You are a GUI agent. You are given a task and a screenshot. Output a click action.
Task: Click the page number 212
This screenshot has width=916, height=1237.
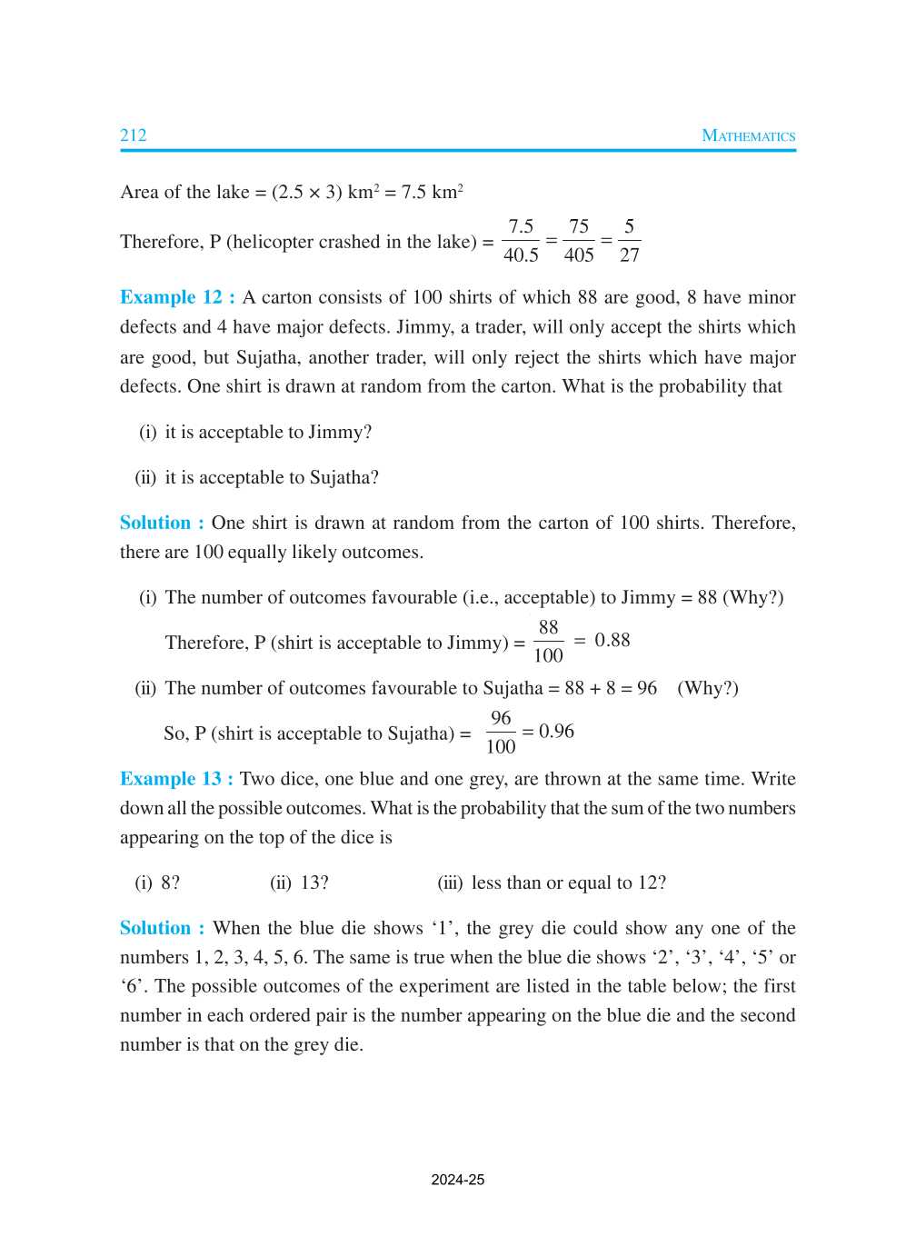(134, 135)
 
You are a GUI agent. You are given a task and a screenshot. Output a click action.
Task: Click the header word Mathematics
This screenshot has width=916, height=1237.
(748, 135)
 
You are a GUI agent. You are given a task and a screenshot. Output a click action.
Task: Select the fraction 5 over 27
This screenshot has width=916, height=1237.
(629, 241)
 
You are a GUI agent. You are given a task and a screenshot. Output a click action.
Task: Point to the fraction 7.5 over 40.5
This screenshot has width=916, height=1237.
(521, 241)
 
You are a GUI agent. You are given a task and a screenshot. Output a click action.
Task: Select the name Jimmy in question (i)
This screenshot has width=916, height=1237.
(334, 432)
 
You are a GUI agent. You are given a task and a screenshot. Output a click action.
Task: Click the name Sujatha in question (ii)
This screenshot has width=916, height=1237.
(339, 477)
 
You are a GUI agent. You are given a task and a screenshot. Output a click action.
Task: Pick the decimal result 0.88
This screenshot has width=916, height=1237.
(612, 640)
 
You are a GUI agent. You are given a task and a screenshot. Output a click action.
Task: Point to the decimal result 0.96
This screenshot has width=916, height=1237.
(556, 731)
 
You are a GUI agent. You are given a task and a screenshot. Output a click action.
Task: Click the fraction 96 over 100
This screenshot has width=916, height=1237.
(501, 732)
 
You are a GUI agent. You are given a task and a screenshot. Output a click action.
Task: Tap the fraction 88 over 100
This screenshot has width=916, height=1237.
(548, 641)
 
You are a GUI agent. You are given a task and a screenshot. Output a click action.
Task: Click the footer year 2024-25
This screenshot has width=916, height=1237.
(457, 1180)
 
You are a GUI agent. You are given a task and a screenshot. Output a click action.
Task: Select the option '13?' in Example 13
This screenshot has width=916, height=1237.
(314, 883)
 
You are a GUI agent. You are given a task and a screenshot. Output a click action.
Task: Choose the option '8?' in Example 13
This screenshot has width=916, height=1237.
(170, 883)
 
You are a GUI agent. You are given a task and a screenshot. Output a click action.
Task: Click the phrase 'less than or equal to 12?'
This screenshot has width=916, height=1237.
(568, 883)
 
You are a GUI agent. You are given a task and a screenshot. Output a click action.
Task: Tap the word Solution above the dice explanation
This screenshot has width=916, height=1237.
(155, 928)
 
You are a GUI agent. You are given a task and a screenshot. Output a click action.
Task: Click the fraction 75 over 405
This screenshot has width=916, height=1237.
(579, 241)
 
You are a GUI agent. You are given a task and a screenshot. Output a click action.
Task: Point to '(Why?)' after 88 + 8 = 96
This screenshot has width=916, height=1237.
(707, 688)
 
